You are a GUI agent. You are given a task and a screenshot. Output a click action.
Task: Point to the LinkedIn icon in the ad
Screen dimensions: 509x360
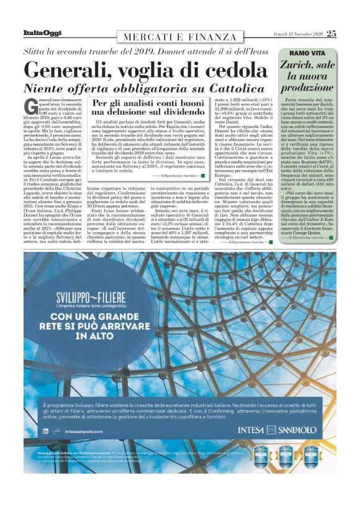click(46, 430)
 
